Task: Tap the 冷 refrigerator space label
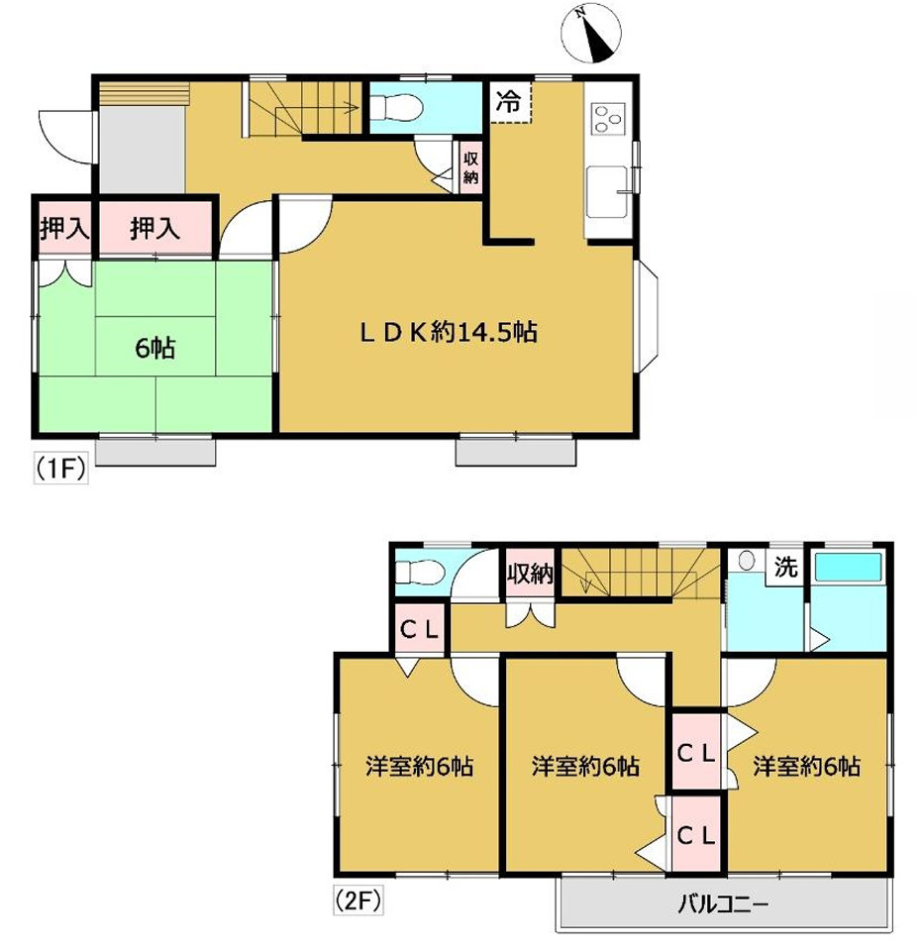click(x=508, y=101)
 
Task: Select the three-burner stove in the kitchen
click(x=608, y=119)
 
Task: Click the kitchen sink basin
click(x=607, y=190)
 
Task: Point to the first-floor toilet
click(x=396, y=109)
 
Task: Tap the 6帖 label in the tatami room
click(x=155, y=348)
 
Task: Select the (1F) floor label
click(x=60, y=469)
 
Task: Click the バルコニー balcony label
click(x=723, y=904)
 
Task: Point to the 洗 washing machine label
click(x=785, y=567)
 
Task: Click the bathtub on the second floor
click(x=848, y=567)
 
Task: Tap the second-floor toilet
click(x=420, y=572)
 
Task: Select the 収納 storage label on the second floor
click(x=530, y=574)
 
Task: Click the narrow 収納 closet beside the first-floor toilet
click(x=470, y=168)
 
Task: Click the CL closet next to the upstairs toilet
click(x=420, y=630)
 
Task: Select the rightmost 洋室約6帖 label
click(x=807, y=766)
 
